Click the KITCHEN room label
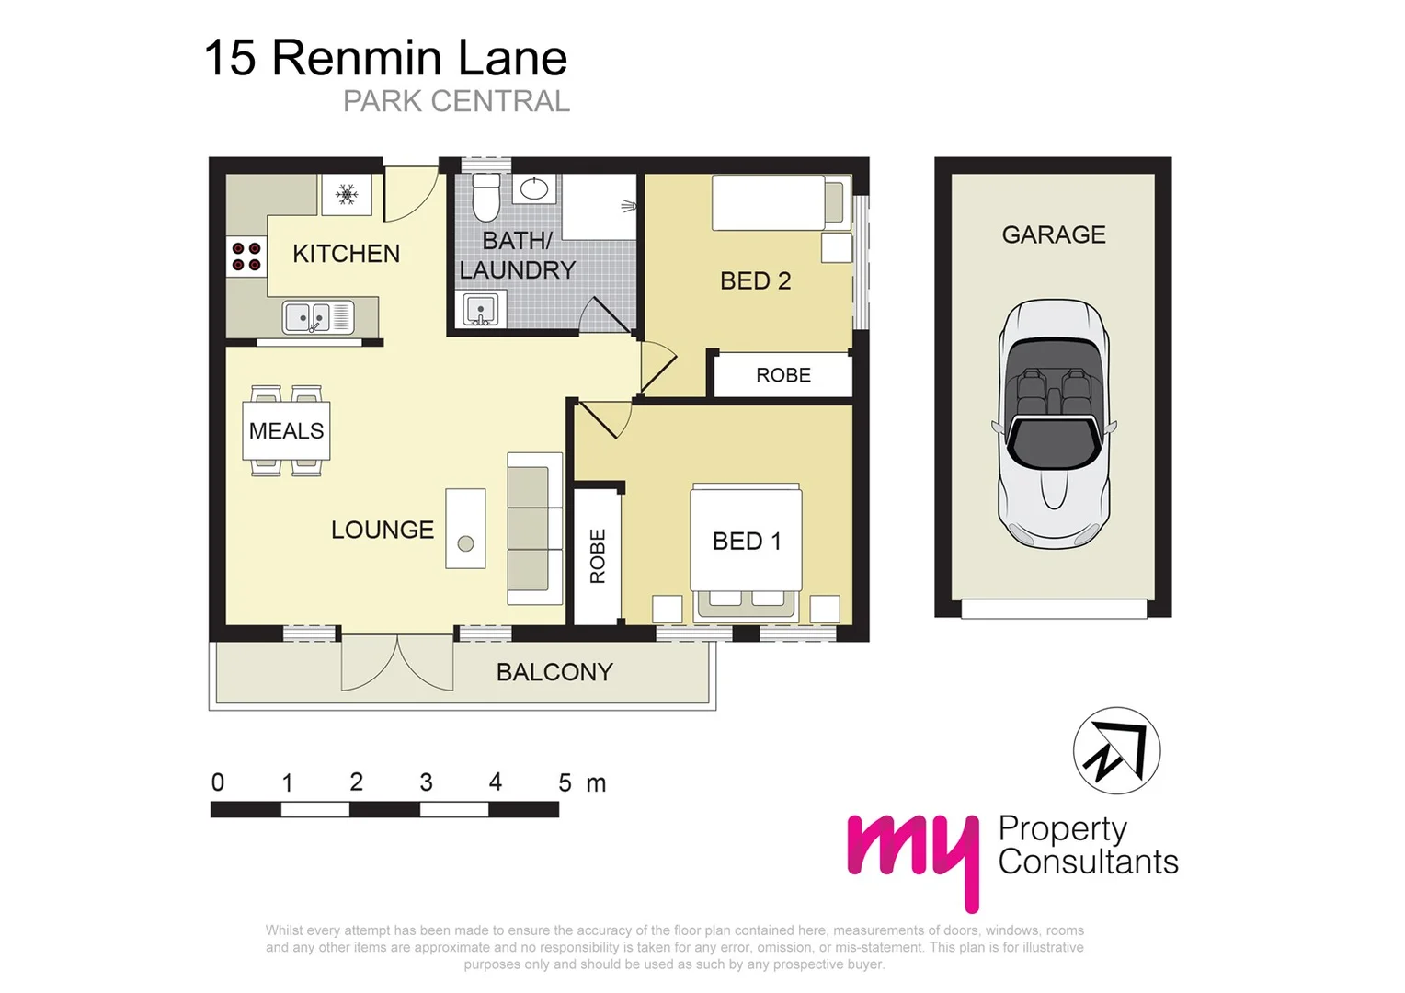[x=346, y=254]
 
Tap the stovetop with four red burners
[x=246, y=257]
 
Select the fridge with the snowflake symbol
[x=347, y=194]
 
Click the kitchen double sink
[x=318, y=317]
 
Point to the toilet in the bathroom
[x=485, y=197]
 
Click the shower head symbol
[x=629, y=206]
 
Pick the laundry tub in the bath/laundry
[x=480, y=310]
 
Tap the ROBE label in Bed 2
[x=783, y=375]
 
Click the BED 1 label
[x=747, y=542]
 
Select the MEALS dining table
[x=286, y=430]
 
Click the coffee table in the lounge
[x=465, y=529]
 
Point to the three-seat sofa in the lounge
[x=534, y=529]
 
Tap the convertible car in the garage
[x=1054, y=425]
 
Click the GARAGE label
[x=1054, y=235]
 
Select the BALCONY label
[x=554, y=672]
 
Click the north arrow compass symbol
[x=1116, y=750]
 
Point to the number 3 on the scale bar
[x=426, y=782]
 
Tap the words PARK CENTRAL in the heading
[x=456, y=101]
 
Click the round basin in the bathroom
[x=534, y=189]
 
